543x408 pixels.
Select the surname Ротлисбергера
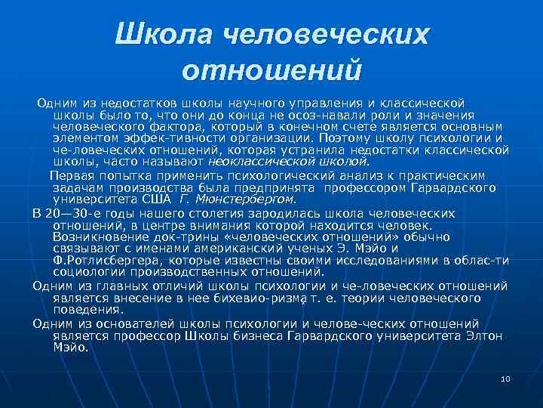(99, 261)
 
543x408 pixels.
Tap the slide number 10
(506, 378)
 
